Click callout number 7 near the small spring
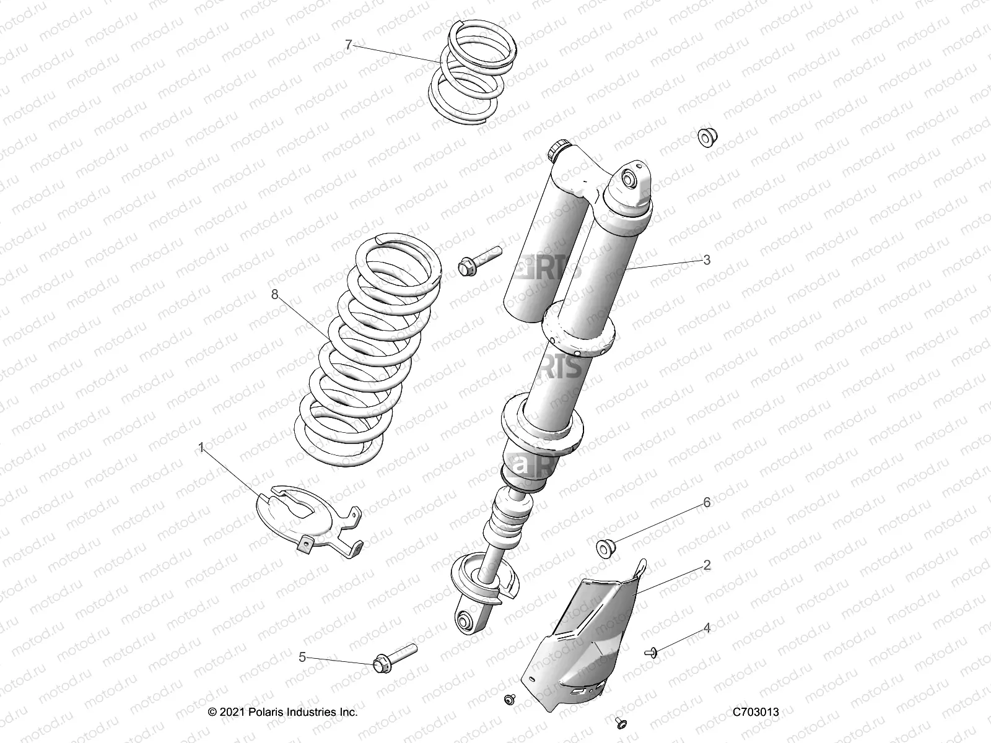pyautogui.click(x=349, y=44)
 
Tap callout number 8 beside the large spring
pyautogui.click(x=275, y=295)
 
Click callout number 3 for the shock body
pyautogui.click(x=707, y=260)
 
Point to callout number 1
pyautogui.click(x=201, y=446)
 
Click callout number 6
pyautogui.click(x=707, y=502)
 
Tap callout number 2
pyautogui.click(x=707, y=565)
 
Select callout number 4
pyautogui.click(x=707, y=628)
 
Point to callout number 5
pyautogui.click(x=302, y=657)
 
